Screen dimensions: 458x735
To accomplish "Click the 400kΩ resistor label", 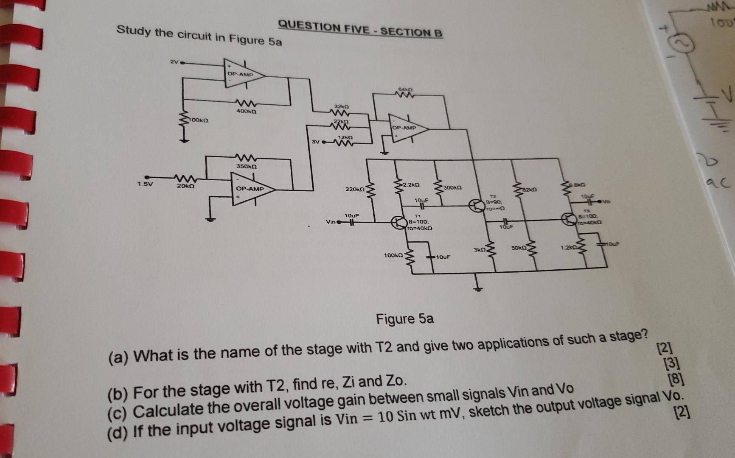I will (x=246, y=111).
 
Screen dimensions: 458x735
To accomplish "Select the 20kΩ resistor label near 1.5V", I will (x=185, y=186).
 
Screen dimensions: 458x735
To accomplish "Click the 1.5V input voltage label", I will (x=145, y=184).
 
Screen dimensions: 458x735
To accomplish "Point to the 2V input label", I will (x=174, y=62).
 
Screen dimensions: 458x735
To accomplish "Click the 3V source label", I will (x=315, y=141).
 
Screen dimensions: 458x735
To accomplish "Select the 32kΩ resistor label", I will (x=341, y=106).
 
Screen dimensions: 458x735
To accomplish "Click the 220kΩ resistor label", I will (x=355, y=190).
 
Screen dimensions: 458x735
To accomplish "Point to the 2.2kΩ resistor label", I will (x=411, y=185).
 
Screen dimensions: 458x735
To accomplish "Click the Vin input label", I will (x=330, y=222).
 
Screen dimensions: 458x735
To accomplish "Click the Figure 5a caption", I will (x=404, y=318).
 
